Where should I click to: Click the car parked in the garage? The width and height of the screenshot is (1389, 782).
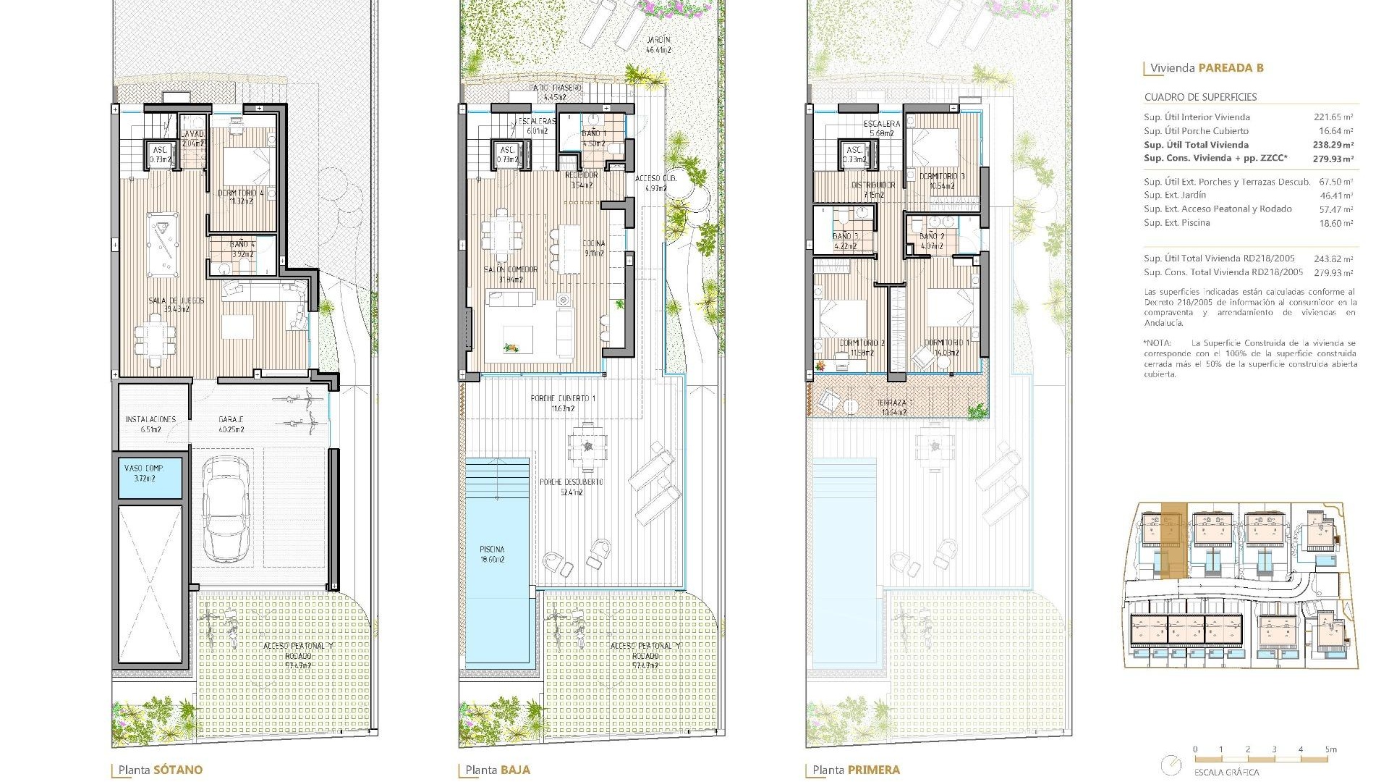coord(226,510)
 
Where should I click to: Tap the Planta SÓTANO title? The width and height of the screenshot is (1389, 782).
coord(161,770)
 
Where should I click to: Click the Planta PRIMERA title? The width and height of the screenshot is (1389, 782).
coord(856,770)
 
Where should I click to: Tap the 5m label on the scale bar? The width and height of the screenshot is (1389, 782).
coord(1330,749)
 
